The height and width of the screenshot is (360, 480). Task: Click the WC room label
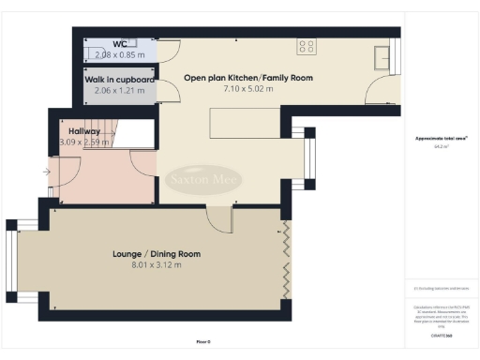(120, 44)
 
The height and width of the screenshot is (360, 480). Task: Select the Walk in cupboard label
(120, 80)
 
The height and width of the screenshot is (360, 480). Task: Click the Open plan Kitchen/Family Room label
(247, 78)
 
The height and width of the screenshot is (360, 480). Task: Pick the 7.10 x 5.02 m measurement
(247, 89)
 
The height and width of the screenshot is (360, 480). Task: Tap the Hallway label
(84, 131)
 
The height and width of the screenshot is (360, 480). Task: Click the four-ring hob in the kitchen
(307, 45)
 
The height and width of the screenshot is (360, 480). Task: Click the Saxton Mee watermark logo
(204, 179)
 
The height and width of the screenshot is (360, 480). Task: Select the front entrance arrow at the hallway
(47, 172)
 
